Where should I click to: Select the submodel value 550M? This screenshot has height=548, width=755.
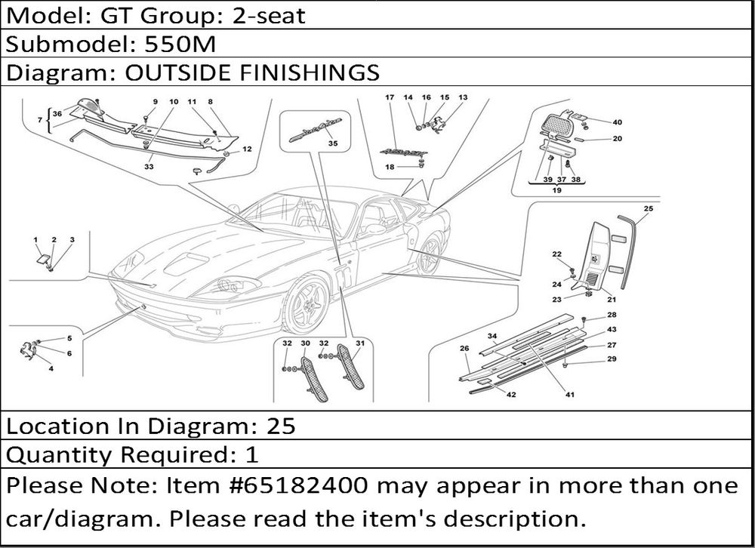[180, 44]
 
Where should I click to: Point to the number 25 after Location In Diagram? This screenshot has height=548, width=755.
[281, 426]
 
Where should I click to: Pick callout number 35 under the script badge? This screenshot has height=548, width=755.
[333, 143]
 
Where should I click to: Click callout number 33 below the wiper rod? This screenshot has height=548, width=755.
[149, 167]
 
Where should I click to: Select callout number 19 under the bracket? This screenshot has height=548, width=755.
[556, 190]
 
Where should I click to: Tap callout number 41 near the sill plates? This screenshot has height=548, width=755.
[570, 395]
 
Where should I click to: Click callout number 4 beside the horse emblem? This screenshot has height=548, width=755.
[51, 369]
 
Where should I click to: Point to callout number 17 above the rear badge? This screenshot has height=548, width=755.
[390, 97]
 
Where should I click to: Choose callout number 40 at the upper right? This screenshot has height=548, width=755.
[618, 122]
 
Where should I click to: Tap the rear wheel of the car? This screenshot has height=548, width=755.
[429, 254]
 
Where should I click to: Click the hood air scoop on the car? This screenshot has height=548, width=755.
[186, 263]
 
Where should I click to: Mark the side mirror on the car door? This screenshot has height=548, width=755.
[373, 230]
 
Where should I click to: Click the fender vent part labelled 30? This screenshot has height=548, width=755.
[315, 379]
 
